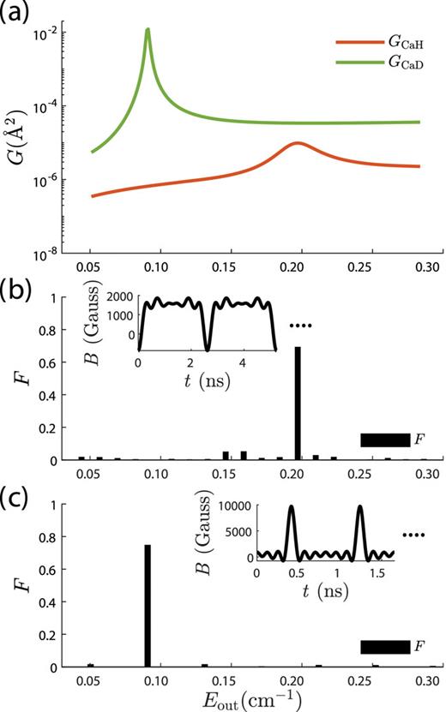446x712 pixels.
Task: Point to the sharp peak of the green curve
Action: pos(148,30)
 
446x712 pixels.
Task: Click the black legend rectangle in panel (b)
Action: pos(385,440)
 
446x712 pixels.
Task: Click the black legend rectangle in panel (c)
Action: pos(385,647)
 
